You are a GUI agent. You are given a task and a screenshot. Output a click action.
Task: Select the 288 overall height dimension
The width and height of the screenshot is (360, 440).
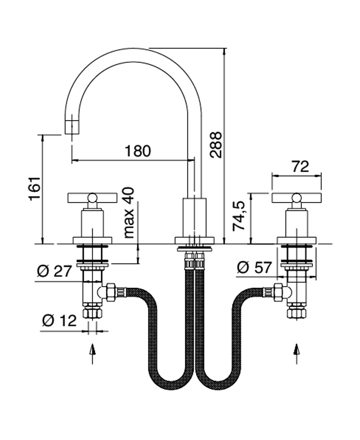tap(216, 144)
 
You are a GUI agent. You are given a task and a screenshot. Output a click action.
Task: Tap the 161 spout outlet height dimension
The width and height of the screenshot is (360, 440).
tap(35, 188)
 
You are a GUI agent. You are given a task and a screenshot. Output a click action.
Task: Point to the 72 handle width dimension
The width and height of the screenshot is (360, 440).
tap(300, 166)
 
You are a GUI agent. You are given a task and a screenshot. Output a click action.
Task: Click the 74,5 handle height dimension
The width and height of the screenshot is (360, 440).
tap(239, 216)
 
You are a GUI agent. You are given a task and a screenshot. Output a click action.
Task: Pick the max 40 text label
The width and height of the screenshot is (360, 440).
tap(129, 213)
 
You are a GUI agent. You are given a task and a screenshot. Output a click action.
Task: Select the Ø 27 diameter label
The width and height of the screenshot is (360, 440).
tap(54, 271)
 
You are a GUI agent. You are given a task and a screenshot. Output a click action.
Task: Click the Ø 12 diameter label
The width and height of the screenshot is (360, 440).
tap(59, 320)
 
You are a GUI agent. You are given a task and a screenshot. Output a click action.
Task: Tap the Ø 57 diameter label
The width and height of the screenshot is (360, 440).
tap(254, 267)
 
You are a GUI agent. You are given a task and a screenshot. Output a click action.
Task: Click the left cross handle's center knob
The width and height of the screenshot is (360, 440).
tap(92, 197)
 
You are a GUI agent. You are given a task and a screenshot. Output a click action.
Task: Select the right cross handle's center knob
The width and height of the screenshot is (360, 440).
tap(296, 197)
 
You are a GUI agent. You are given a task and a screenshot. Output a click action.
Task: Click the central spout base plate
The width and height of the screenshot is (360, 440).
tap(195, 240)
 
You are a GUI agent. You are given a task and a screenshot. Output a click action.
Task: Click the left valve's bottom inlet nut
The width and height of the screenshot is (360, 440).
tap(92, 312)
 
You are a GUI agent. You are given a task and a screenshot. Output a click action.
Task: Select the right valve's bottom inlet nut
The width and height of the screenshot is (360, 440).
tap(296, 312)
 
